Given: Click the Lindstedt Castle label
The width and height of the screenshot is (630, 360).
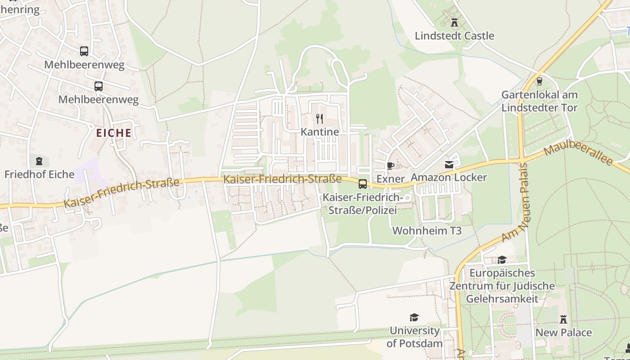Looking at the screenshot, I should pyautogui.click(x=454, y=36).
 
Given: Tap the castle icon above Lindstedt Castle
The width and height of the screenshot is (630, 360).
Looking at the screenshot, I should pyautogui.click(x=454, y=22).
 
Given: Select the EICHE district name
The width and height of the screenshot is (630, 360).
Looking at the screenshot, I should pyautogui.click(x=114, y=133).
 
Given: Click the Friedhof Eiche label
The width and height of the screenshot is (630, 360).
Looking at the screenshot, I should pyautogui.click(x=39, y=175).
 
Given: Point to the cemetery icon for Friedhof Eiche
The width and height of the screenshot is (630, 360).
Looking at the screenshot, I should pyautogui.click(x=39, y=161).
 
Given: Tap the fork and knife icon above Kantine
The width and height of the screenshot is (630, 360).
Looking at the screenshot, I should pyautogui.click(x=319, y=119).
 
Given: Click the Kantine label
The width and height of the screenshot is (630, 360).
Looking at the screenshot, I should pyautogui.click(x=319, y=132).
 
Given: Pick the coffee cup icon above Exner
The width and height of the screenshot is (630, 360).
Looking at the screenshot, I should pyautogui.click(x=390, y=166).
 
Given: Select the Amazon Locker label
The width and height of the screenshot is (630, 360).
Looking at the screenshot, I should pyautogui.click(x=449, y=177).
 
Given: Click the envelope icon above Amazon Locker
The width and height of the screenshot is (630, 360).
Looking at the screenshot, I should pyautogui.click(x=449, y=165).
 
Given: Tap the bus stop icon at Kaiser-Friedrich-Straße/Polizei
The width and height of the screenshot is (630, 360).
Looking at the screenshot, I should pyautogui.click(x=362, y=184).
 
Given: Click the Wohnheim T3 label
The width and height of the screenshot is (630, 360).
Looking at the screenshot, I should pyautogui.click(x=427, y=231).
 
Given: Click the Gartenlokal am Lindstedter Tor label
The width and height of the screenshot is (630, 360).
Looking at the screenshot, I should pyautogui.click(x=540, y=101).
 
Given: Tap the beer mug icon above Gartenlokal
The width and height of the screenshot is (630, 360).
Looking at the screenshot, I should pyautogui.click(x=539, y=81).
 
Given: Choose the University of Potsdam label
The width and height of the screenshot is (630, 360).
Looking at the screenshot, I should pyautogui.click(x=414, y=337).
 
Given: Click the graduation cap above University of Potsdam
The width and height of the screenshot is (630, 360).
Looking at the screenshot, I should pyautogui.click(x=414, y=318).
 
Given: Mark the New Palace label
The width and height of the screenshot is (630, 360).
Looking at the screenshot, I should pyautogui.click(x=563, y=333).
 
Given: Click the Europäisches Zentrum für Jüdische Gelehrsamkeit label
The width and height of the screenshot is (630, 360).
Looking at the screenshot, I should pyautogui.click(x=502, y=286).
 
